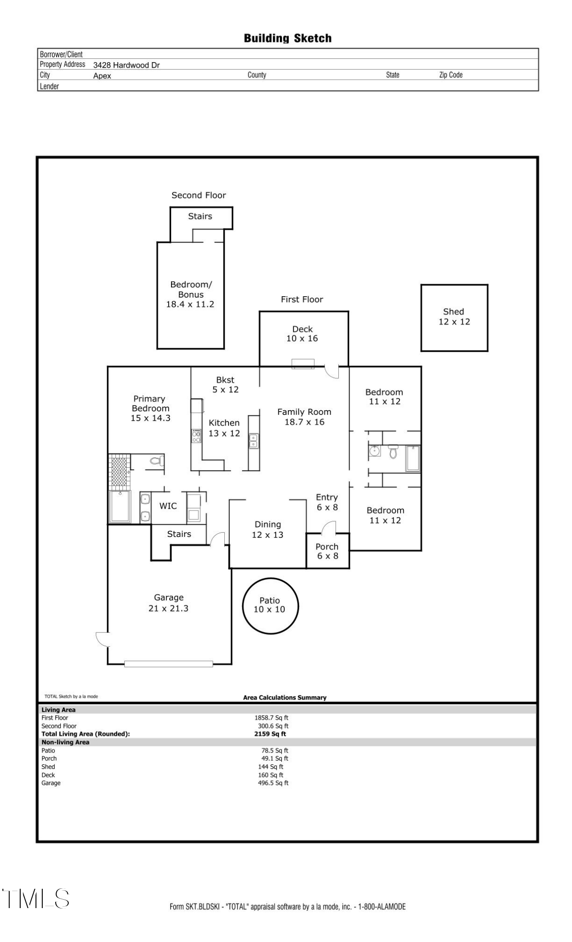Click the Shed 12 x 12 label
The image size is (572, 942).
click(x=454, y=317)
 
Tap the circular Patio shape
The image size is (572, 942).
click(x=270, y=605)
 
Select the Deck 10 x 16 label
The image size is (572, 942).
click(x=302, y=333)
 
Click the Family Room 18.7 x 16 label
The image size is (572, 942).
click(x=304, y=417)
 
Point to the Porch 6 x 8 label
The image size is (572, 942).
click(x=327, y=551)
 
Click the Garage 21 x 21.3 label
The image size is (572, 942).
click(x=168, y=603)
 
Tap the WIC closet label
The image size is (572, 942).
click(x=168, y=506)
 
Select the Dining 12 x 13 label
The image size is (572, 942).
click(x=268, y=529)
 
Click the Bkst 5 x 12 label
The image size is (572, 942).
click(x=225, y=384)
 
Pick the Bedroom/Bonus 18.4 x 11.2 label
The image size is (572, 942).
click(x=190, y=294)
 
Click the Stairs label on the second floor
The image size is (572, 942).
click(x=200, y=216)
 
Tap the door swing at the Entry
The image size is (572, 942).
click(x=328, y=528)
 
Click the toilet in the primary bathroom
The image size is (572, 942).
click(x=156, y=461)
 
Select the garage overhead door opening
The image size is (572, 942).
click(x=168, y=664)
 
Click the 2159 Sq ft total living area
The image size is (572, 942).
click(x=270, y=734)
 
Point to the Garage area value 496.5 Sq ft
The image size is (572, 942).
click(x=273, y=783)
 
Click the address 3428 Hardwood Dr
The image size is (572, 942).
click(x=126, y=65)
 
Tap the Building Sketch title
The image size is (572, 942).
click(x=287, y=38)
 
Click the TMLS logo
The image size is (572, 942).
click(x=36, y=898)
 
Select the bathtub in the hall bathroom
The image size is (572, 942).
click(x=413, y=458)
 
